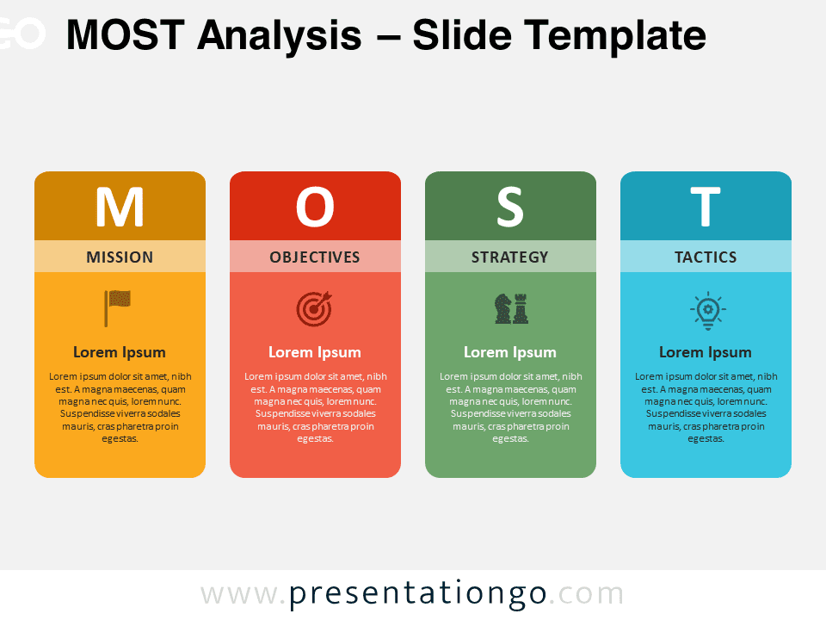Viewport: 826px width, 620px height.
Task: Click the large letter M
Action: (120, 207)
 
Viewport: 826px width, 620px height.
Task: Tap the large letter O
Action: (315, 207)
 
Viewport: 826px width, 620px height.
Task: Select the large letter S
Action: (510, 207)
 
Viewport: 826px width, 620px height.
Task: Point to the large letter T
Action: (706, 207)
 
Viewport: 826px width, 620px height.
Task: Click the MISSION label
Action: (120, 257)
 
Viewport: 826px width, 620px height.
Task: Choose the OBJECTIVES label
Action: (315, 257)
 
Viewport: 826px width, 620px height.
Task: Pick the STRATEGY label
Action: (510, 257)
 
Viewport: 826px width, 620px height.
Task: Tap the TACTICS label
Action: (706, 257)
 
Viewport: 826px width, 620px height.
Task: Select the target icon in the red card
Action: (314, 309)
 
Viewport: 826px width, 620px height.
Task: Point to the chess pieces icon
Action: (511, 308)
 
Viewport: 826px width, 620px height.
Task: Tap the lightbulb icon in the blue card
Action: (708, 311)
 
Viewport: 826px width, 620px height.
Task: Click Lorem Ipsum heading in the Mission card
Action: (120, 352)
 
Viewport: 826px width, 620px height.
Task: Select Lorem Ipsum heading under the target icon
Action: (315, 352)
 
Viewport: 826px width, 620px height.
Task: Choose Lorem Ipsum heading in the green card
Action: (510, 352)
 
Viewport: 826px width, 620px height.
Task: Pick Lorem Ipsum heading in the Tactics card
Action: (706, 352)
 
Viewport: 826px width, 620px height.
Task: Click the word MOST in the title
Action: (126, 35)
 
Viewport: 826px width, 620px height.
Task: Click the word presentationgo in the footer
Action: (418, 594)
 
